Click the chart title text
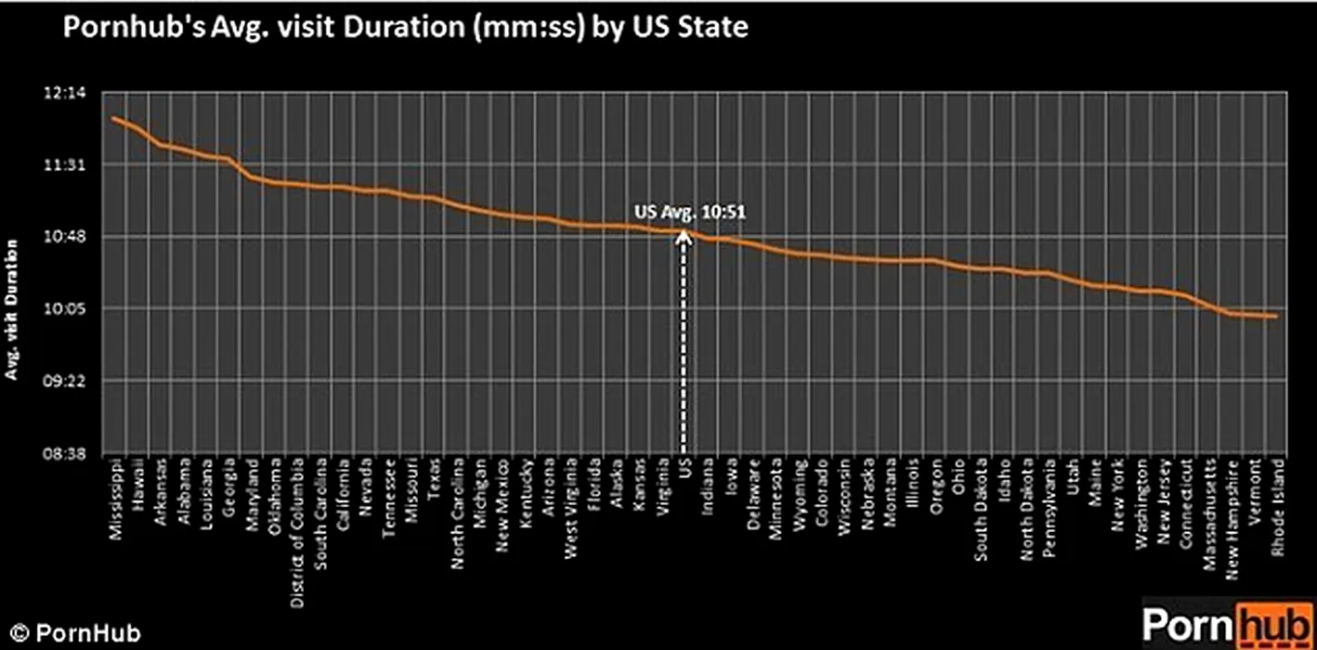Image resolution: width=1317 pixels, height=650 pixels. pyautogui.click(x=404, y=29)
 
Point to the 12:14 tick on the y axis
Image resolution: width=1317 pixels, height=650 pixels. pyautogui.click(x=63, y=93)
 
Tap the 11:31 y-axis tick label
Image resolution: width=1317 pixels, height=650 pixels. pyautogui.click(x=63, y=165)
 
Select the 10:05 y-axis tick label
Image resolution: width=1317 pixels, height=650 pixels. pyautogui.click(x=63, y=308)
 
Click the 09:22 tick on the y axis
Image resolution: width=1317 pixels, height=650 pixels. pyautogui.click(x=63, y=381)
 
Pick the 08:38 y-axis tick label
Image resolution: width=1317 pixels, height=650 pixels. pyautogui.click(x=63, y=453)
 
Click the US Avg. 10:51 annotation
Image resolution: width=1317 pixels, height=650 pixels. pyautogui.click(x=690, y=212)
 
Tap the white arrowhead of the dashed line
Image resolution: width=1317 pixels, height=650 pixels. pyautogui.click(x=685, y=238)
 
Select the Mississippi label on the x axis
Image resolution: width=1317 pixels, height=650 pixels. pyautogui.click(x=115, y=496)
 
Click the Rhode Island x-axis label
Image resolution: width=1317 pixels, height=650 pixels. pyautogui.click(x=1278, y=507)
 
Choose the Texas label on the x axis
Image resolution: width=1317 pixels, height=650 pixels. pyautogui.click(x=434, y=479)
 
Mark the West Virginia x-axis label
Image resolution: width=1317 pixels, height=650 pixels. pyautogui.click(x=571, y=507)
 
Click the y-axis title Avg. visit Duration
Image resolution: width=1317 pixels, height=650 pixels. pyautogui.click(x=13, y=309)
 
